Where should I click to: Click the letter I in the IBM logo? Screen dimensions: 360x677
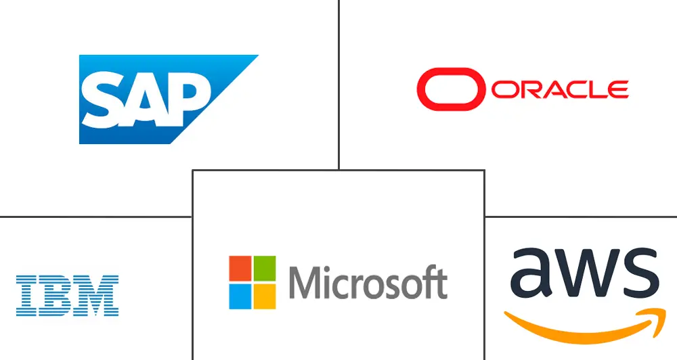pyautogui.click(x=26, y=296)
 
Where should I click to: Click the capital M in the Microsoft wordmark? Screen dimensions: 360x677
pyautogui.click(x=305, y=283)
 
